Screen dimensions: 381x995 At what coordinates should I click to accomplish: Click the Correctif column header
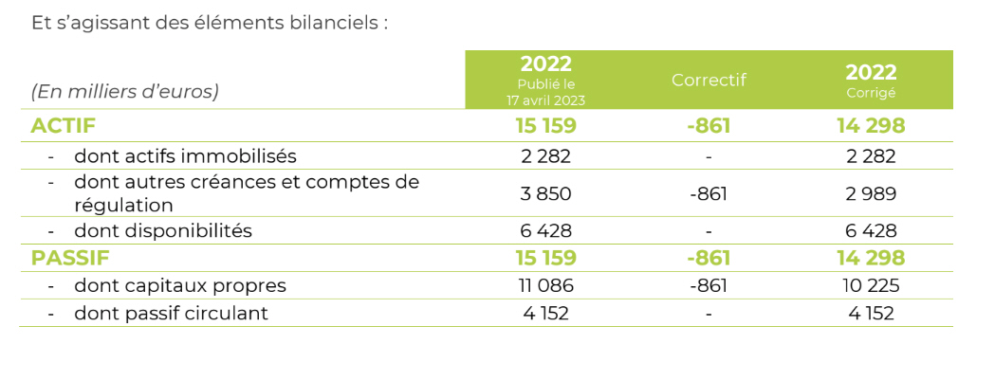[709, 81]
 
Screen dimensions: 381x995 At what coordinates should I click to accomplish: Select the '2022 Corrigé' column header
[871, 80]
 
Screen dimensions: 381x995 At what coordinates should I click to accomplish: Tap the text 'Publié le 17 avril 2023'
[545, 93]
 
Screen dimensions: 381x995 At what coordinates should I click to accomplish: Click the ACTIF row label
[64, 125]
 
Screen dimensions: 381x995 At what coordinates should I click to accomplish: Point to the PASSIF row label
[69, 258]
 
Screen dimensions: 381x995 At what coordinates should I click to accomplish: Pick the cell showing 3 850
[545, 193]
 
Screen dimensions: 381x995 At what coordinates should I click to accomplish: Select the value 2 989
[871, 193]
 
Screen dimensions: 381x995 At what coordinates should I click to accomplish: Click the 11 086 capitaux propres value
[545, 285]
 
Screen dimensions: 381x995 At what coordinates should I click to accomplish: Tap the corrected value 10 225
[871, 285]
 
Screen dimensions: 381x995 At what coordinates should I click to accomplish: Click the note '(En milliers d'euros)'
[125, 92]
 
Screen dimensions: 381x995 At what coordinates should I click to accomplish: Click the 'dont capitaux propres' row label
[179, 285]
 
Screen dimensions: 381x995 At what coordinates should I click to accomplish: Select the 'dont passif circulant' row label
[171, 313]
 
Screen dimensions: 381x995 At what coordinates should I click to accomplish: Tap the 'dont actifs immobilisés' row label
[185, 155]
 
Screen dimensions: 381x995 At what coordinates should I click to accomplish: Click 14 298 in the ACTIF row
[871, 125]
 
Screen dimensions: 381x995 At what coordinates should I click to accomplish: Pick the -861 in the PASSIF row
[709, 258]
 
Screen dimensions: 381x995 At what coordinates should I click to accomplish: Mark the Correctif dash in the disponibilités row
[709, 230]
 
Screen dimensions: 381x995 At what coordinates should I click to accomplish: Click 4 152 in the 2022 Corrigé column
[871, 313]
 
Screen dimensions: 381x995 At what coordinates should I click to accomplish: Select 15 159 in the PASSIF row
[545, 258]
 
